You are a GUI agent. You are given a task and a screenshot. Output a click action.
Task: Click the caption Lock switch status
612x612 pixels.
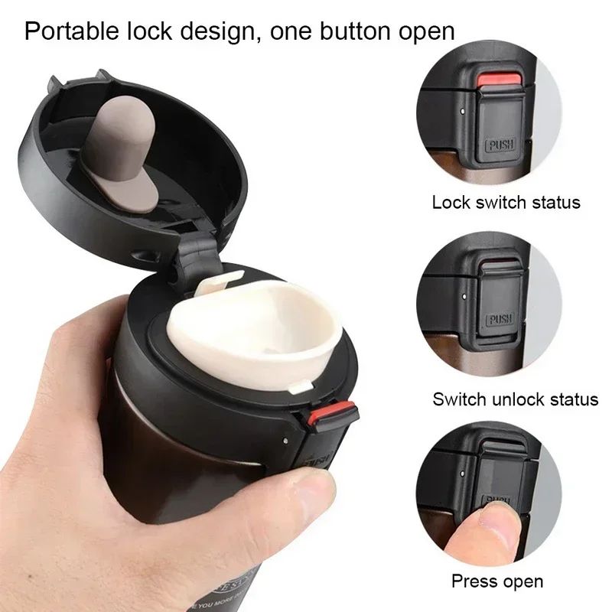(506, 203)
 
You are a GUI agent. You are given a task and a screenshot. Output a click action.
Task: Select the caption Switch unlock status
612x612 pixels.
(515, 399)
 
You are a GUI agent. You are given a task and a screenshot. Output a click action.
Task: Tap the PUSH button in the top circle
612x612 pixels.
(501, 143)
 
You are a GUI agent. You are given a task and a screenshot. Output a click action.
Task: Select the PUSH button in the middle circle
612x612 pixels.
(502, 319)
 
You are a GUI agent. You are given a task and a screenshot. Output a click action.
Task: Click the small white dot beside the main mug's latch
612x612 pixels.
(285, 442)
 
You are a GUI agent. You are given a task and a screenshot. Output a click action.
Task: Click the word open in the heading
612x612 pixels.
(423, 32)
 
